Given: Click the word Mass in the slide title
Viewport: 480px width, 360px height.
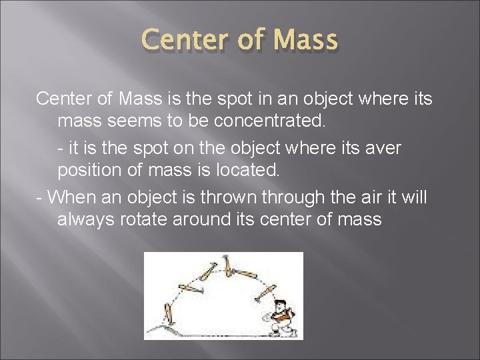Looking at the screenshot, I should tap(304, 40).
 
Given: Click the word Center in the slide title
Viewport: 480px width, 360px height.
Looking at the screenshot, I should tap(185, 40).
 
